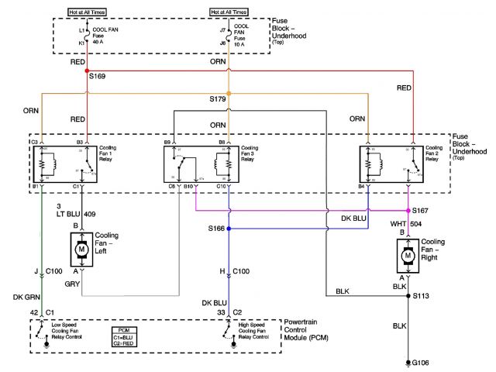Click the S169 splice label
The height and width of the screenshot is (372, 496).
click(x=98, y=77)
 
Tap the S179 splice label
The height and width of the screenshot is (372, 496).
click(x=218, y=99)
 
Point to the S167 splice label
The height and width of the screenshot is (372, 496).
click(x=421, y=210)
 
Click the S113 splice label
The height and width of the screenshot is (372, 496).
click(x=421, y=296)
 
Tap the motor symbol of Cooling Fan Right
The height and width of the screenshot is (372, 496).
click(x=408, y=253)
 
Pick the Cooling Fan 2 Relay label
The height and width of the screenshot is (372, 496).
click(x=435, y=151)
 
